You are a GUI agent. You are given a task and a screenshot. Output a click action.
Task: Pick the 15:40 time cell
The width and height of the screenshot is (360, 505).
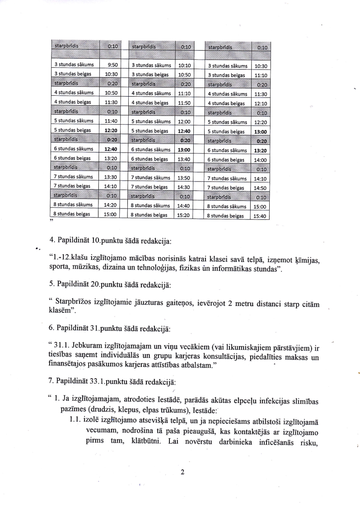[260, 216]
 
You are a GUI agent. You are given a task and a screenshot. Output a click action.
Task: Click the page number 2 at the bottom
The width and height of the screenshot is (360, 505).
[182, 472]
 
